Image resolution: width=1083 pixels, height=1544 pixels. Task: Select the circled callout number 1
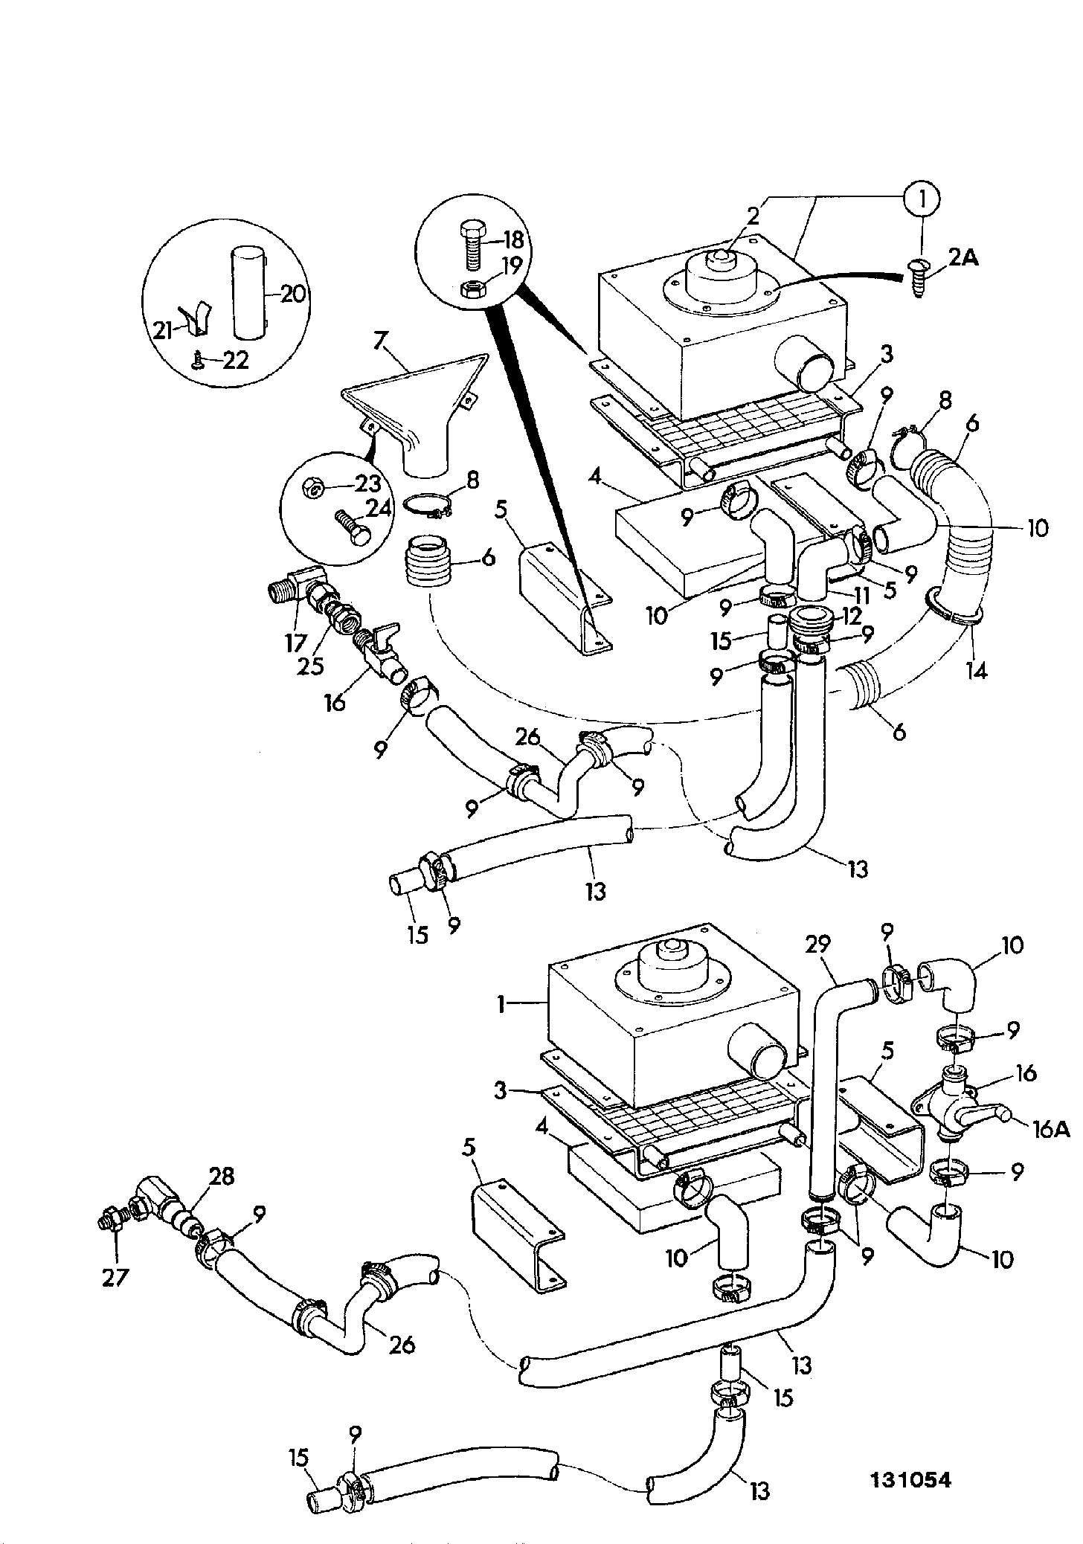[x=922, y=198]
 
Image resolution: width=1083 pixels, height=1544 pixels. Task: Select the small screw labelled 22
[x=198, y=360]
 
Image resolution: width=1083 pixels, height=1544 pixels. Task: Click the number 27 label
[x=115, y=1277]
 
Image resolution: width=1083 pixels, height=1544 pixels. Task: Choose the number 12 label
[x=851, y=614]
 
